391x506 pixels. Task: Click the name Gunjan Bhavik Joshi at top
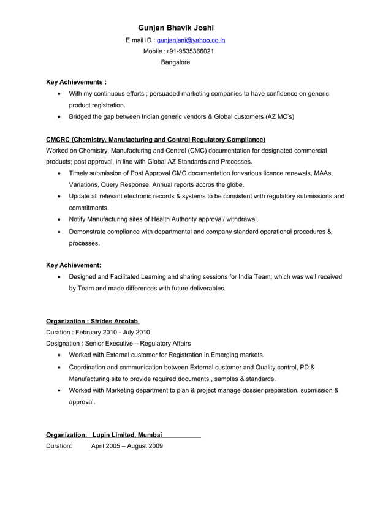tap(176, 28)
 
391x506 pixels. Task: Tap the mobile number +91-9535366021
tap(189, 51)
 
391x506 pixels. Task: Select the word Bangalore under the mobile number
tap(175, 62)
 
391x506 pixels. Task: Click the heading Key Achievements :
tap(77, 81)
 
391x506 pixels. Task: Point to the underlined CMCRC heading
tap(156, 140)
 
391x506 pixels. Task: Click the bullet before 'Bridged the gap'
tap(58, 116)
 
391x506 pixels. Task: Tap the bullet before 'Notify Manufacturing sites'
tap(58, 219)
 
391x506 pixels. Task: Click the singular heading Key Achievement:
tap(74, 265)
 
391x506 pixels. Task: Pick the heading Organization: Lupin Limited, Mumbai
tap(105, 434)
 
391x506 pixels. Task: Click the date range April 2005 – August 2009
tap(127, 446)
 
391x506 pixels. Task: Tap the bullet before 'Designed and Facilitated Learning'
tap(58, 277)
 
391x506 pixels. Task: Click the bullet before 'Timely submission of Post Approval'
tap(58, 173)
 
